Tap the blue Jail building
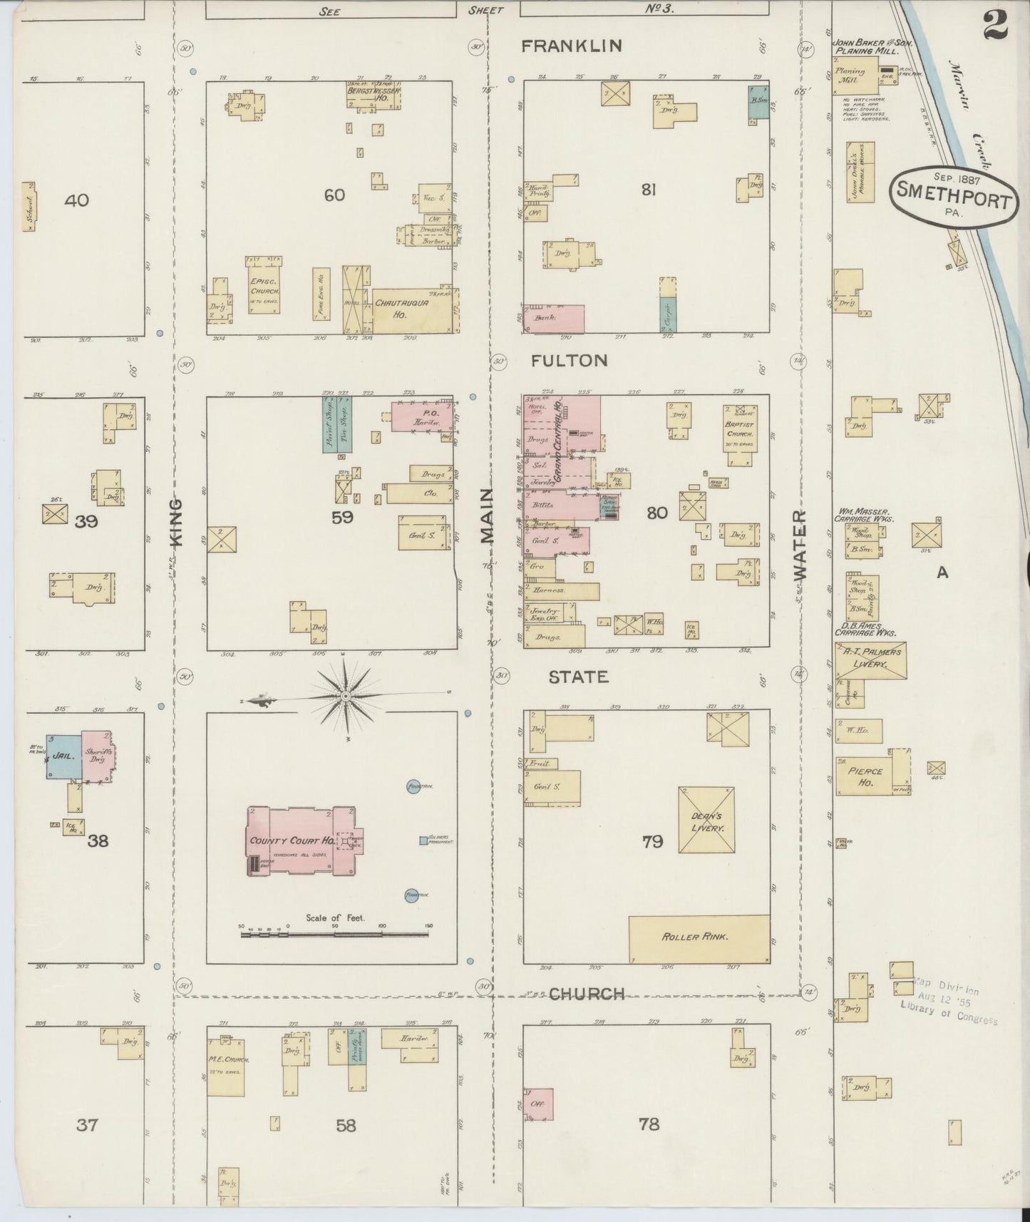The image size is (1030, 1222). [x=63, y=756]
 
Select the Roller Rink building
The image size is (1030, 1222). [x=698, y=938]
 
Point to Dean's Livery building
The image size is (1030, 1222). [x=706, y=820]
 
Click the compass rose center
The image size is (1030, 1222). [x=346, y=696]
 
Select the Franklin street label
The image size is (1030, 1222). [x=572, y=46]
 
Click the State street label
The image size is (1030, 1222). [x=578, y=677]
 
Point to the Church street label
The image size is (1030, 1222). [x=587, y=994]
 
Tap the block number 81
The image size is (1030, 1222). [x=648, y=190]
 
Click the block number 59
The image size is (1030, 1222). [x=342, y=518]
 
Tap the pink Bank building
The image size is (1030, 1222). [x=554, y=319]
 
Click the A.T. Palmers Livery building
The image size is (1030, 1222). [x=871, y=659]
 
